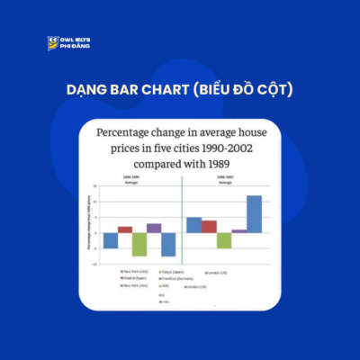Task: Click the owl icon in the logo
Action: coord(53,43)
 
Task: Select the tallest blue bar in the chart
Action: coord(254,213)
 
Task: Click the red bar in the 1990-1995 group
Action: coord(125,229)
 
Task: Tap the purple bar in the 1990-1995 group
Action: coord(154,228)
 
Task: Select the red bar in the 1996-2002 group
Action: coord(209,226)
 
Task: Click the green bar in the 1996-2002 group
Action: coord(224,240)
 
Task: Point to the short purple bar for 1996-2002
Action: coord(238,231)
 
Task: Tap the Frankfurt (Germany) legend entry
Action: coord(175,278)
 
